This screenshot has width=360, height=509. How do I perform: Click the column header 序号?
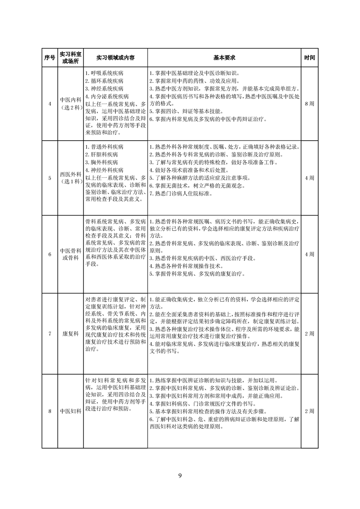[x=49, y=58]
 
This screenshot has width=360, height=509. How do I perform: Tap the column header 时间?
[x=310, y=58]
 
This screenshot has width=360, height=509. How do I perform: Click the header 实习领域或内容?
[x=115, y=58]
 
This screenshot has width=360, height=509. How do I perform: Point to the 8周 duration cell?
[x=310, y=104]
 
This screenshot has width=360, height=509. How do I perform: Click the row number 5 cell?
[x=49, y=178]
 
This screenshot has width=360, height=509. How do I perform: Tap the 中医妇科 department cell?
[x=71, y=411]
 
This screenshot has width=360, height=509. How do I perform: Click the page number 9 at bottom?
[x=180, y=476]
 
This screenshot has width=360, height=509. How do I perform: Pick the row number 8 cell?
[x=49, y=411]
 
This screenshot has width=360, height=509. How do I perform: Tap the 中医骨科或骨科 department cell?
[x=71, y=254]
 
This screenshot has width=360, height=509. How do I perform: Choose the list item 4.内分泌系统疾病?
[x=107, y=96]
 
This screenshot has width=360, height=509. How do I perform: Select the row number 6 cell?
[x=49, y=254]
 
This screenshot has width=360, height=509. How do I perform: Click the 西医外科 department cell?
[x=71, y=178]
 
